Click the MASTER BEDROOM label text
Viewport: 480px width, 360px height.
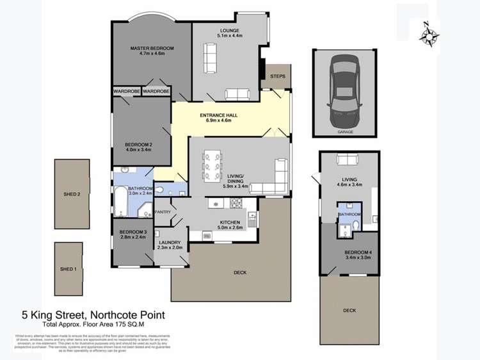click(152, 48)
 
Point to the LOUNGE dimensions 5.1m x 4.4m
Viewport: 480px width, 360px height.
click(229, 36)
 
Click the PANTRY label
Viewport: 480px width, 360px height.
click(163, 211)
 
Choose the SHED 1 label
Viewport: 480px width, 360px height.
click(68, 269)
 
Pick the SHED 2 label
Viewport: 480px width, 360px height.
click(71, 193)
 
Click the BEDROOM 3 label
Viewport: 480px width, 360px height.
click(133, 231)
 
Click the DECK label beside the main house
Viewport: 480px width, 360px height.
click(240, 273)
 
